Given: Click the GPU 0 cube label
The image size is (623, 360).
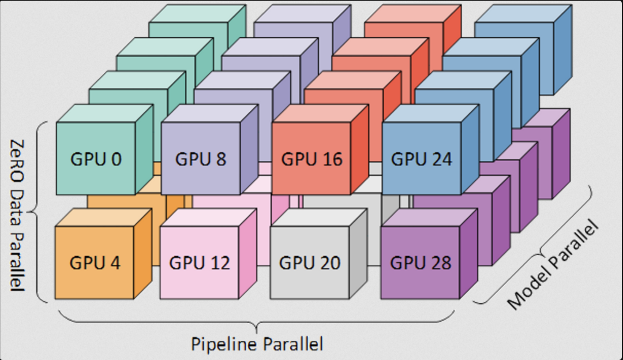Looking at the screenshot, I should [96, 159].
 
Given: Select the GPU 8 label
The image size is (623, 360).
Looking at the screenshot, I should [200, 159].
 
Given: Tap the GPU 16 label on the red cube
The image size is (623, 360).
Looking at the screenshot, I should [311, 159].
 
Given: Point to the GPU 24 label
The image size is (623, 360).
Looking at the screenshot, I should [422, 159].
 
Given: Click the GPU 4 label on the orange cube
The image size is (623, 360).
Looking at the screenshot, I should [95, 262].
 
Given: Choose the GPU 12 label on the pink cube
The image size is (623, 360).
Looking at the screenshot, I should [200, 263].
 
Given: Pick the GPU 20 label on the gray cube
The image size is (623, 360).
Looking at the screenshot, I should [310, 263].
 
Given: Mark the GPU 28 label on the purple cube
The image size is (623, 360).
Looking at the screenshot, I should [421, 263].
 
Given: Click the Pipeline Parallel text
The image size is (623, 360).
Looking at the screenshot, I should [257, 344].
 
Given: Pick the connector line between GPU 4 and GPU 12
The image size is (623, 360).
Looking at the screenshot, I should [155, 265].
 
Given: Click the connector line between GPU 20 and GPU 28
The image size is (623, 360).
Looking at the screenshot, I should [374, 265].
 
